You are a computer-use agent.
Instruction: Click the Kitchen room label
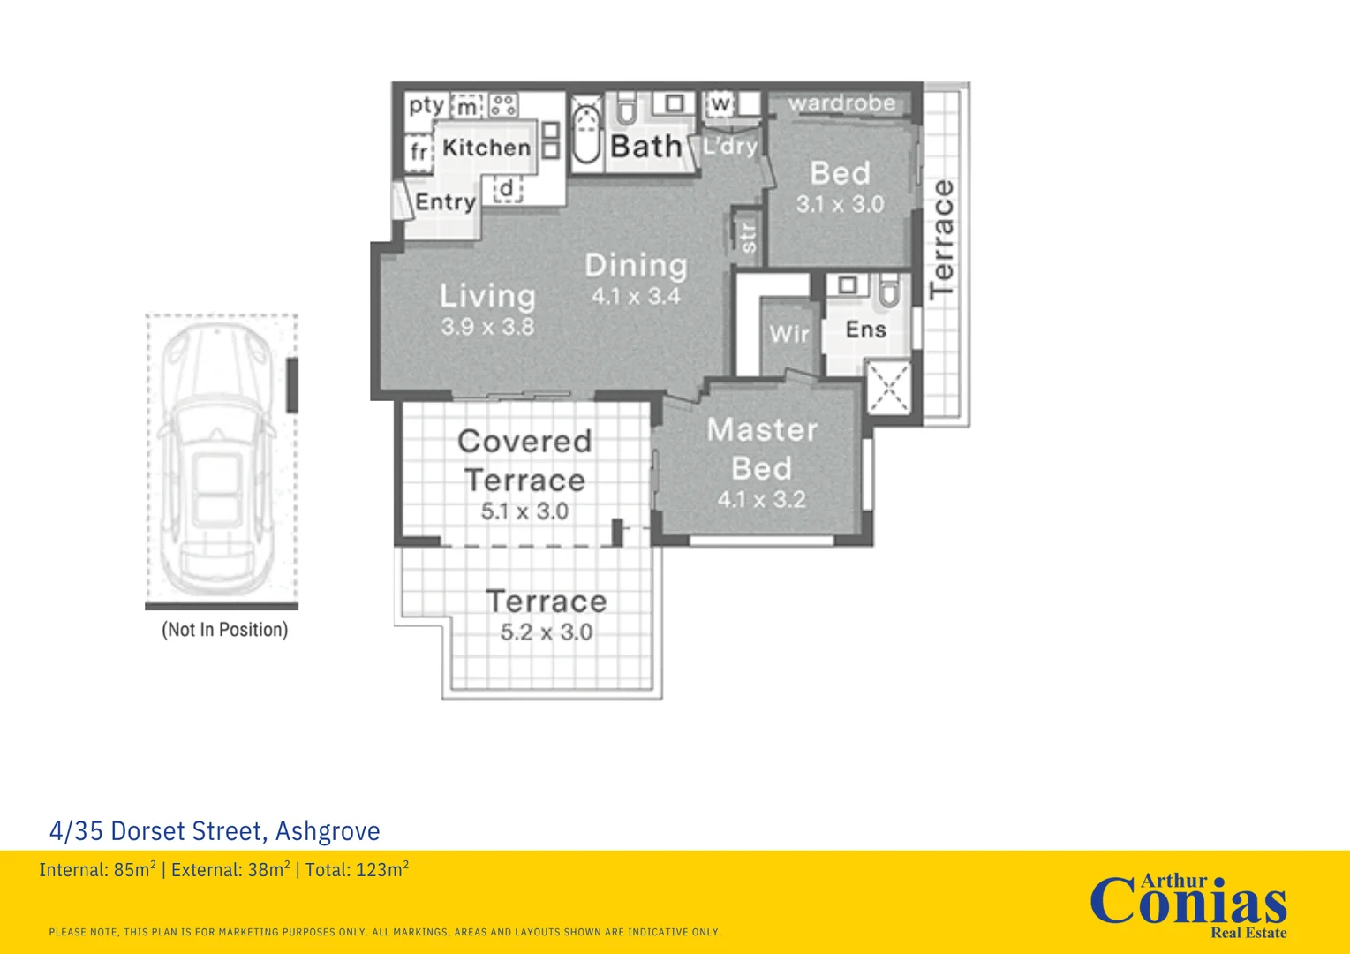point(486,148)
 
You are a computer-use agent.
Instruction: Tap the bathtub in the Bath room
point(585,134)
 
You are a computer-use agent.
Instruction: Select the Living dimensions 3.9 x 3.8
point(487,327)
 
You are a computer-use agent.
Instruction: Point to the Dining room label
point(636,265)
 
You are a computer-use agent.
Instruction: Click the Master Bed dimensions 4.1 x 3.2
point(761,499)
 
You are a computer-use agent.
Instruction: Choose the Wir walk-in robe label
point(789,334)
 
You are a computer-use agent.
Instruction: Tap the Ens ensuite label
point(866,329)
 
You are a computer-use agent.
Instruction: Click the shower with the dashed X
point(888,387)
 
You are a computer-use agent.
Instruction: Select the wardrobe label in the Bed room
point(841,103)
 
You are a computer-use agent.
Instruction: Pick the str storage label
point(747,238)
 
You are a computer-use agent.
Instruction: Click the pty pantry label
point(426,106)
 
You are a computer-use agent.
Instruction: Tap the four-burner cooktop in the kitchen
point(503,105)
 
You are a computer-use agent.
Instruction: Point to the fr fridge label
point(419,151)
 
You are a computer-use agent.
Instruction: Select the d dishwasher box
point(508,189)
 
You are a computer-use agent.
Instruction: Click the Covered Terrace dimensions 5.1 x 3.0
point(524,511)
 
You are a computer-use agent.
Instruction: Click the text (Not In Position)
point(225,630)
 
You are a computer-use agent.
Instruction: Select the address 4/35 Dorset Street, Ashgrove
point(215,831)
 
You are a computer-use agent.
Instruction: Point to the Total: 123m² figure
point(357,869)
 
